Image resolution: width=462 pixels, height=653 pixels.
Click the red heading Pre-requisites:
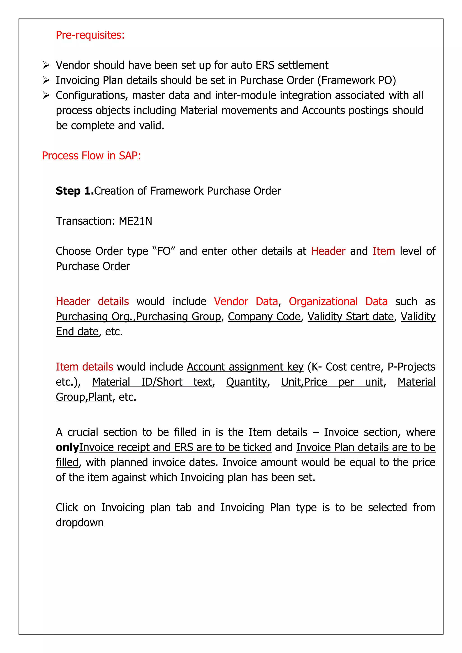(x=90, y=35)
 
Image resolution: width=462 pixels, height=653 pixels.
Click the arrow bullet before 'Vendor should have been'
(x=46, y=65)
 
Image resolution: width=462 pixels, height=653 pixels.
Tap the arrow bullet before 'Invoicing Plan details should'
(x=46, y=80)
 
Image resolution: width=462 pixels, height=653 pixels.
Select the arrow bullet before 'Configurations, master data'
(x=46, y=96)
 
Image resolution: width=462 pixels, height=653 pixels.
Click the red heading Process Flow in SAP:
(x=91, y=156)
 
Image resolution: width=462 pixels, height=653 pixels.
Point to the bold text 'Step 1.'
(x=74, y=191)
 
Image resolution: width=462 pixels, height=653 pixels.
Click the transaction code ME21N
(x=135, y=221)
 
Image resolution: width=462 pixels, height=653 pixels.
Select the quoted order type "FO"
(x=164, y=251)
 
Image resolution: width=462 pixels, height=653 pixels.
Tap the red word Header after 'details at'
(x=328, y=251)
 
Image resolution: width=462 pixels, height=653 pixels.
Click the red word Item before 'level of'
(x=383, y=251)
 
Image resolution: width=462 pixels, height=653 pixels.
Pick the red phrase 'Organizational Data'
(x=338, y=301)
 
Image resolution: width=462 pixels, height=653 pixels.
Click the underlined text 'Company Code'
(x=264, y=317)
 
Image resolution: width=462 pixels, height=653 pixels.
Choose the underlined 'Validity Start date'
(x=351, y=317)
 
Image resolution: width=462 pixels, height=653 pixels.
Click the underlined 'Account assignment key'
(x=245, y=367)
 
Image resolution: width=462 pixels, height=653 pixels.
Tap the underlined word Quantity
(x=247, y=382)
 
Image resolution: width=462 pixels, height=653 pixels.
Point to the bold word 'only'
(x=67, y=447)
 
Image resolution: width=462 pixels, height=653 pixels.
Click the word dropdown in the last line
(x=80, y=523)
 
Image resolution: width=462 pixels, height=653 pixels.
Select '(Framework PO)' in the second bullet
(x=357, y=80)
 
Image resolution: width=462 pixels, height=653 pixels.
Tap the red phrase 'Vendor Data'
(x=246, y=301)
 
